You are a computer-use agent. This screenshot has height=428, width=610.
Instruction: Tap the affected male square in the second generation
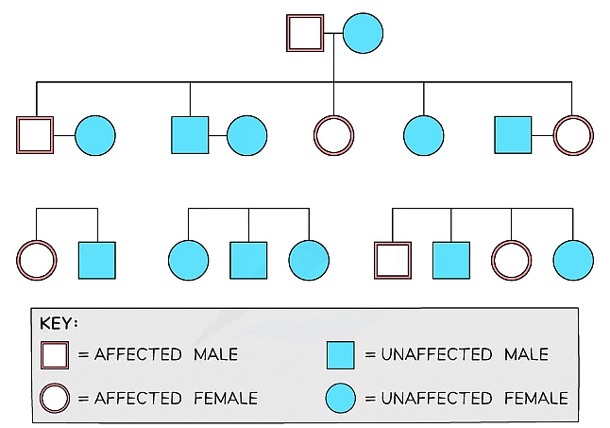[x=36, y=135]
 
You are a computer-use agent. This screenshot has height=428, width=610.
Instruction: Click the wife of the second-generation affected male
[x=94, y=135]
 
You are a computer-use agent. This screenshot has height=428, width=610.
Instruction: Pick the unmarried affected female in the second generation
[x=334, y=135]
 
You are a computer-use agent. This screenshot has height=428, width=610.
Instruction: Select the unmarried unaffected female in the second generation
[x=424, y=135]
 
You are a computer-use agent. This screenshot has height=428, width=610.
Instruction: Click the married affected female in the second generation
[x=573, y=135]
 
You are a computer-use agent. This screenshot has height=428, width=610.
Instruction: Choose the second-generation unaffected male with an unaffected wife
[x=190, y=135]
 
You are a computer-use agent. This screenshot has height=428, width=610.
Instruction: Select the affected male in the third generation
[x=393, y=261]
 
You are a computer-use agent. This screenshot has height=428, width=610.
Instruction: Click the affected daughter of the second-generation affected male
[x=36, y=261]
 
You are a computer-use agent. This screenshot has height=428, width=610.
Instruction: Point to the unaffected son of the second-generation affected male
[x=96, y=261]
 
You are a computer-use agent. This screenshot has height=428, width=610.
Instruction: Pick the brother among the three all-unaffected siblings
[x=248, y=261]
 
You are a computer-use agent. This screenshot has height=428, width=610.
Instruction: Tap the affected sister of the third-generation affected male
[x=512, y=261]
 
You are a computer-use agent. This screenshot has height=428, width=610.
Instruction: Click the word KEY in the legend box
[x=59, y=323]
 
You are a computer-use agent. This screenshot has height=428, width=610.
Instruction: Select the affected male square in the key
[x=55, y=354]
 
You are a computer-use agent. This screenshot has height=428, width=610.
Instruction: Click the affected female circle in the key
[x=55, y=398]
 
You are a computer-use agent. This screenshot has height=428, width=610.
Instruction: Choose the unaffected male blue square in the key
[x=340, y=354]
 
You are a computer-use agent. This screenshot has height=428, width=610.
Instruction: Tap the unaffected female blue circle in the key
[x=340, y=398]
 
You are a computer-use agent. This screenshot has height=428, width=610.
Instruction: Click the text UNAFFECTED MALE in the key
[x=464, y=354]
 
